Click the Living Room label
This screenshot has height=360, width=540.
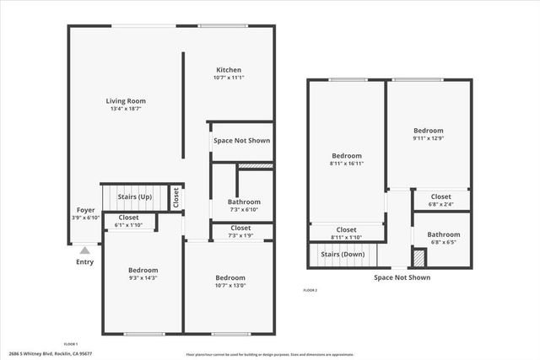pyautogui.click(x=126, y=100)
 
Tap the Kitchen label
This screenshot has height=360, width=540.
pyautogui.click(x=229, y=70)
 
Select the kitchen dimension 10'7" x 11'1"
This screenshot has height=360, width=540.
pyautogui.click(x=229, y=78)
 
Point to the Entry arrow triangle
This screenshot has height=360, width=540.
pyautogui.click(x=84, y=250)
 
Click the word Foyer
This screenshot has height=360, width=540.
pyautogui.click(x=85, y=210)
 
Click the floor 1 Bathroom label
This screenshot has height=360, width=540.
pyautogui.click(x=244, y=201)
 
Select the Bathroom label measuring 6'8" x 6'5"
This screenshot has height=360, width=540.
pyautogui.click(x=443, y=234)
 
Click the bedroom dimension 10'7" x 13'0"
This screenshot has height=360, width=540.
pyautogui.click(x=229, y=285)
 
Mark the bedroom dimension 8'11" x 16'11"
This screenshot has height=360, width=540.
pyautogui.click(x=346, y=164)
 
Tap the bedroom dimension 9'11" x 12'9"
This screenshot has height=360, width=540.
pyautogui.click(x=428, y=138)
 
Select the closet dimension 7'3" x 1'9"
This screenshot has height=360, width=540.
pyautogui.click(x=240, y=235)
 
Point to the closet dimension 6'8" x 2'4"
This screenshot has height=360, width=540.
pyautogui.click(x=440, y=204)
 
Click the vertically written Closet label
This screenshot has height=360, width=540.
pyautogui.click(x=175, y=197)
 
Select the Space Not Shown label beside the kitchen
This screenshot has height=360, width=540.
pyautogui.click(x=241, y=140)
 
